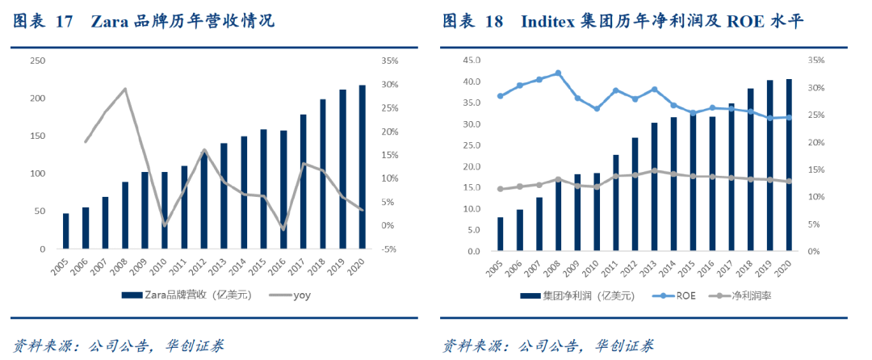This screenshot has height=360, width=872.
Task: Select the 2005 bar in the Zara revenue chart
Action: (x=66, y=231)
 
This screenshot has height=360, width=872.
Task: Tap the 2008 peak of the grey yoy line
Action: (x=125, y=89)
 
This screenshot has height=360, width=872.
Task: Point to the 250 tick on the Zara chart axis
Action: (x=37, y=61)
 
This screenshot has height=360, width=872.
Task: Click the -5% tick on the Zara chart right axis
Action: (x=387, y=249)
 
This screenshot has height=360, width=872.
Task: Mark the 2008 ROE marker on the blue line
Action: (x=558, y=73)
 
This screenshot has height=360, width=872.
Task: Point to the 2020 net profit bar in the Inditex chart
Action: (x=789, y=165)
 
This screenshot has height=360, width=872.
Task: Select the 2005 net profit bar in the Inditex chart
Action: (x=501, y=234)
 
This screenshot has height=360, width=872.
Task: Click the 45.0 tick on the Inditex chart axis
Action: (x=469, y=61)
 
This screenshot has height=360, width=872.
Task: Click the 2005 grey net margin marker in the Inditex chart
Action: (x=501, y=189)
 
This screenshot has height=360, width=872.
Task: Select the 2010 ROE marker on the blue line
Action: (x=597, y=108)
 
